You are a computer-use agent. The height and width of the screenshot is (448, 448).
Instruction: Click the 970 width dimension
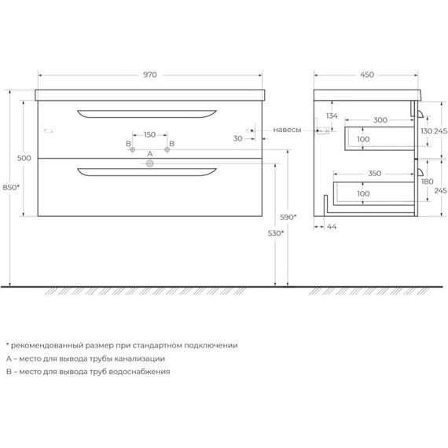(150, 75)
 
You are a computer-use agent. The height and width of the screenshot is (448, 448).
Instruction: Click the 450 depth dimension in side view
(367, 75)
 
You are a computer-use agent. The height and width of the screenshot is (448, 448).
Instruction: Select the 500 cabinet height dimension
(24, 158)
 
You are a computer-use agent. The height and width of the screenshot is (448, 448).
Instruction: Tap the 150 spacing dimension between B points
(149, 134)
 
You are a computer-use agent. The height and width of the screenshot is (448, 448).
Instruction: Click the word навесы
(287, 130)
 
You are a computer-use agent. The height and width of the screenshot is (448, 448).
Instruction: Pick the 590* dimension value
(290, 217)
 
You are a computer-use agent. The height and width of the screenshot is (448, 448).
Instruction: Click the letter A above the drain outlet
(149, 153)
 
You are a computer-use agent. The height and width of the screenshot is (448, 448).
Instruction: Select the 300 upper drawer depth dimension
(380, 120)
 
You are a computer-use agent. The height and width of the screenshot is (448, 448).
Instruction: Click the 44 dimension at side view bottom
(331, 226)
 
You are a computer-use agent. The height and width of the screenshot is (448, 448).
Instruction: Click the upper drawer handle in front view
(146, 114)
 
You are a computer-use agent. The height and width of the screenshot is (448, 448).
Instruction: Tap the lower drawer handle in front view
(146, 171)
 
